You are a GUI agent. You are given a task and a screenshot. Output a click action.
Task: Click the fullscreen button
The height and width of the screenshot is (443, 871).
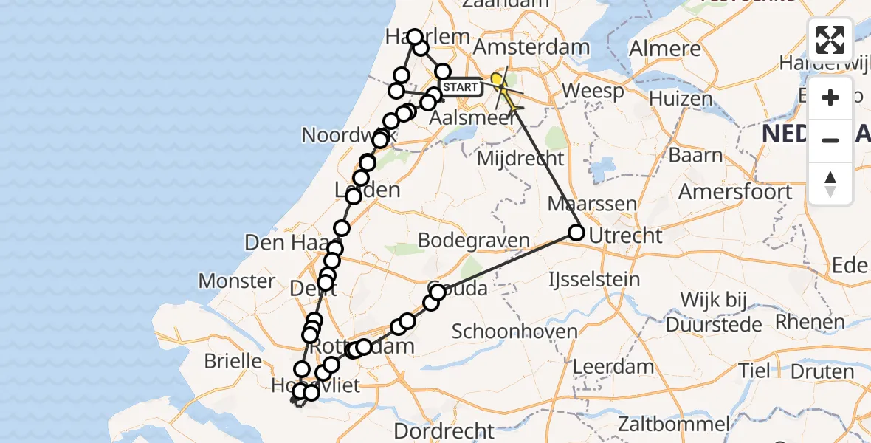[830, 40]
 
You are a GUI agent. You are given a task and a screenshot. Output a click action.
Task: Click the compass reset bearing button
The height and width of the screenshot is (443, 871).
[830, 184]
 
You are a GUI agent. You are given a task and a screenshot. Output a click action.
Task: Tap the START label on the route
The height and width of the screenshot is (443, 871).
[462, 87]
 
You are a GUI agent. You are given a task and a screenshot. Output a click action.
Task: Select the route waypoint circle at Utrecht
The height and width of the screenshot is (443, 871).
[576, 233]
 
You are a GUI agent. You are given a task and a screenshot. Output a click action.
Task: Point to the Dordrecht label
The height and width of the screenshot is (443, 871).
[444, 430]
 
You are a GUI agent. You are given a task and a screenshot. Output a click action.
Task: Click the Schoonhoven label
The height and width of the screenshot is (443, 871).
[514, 331]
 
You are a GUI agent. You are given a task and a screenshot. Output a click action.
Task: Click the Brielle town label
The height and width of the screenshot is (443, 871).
[233, 361]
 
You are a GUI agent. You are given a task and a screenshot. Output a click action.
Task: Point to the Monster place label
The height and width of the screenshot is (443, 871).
[237, 281]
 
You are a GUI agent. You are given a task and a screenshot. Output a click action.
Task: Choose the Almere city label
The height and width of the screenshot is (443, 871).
[665, 49]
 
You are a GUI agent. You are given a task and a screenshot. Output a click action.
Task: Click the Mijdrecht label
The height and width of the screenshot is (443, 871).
[520, 158]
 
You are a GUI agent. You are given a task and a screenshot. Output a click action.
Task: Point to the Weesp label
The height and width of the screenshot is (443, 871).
[593, 92]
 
